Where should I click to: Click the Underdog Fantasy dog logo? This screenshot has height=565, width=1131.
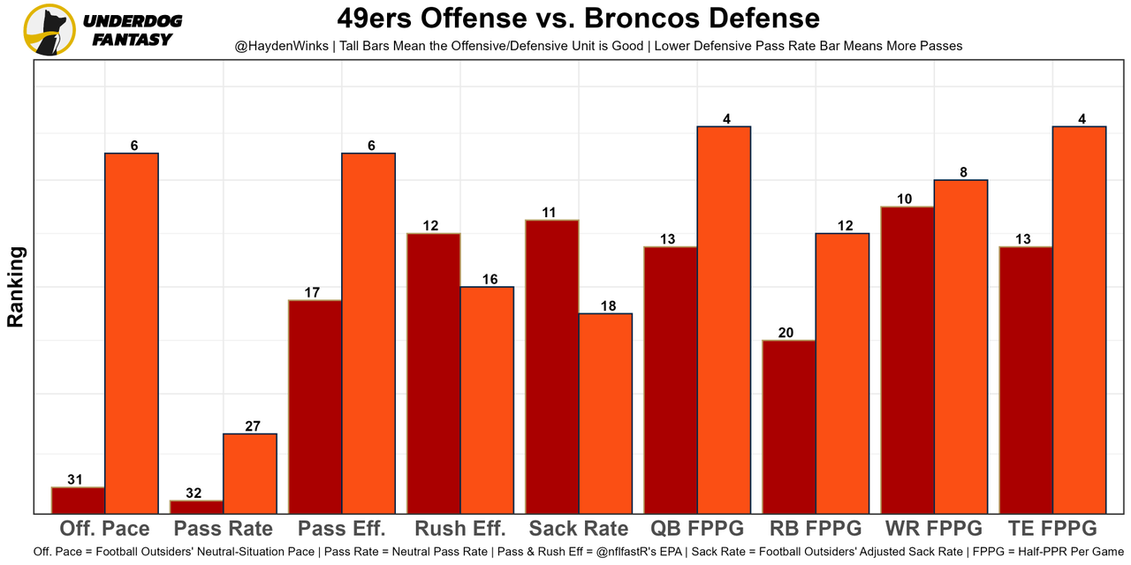click(49, 30)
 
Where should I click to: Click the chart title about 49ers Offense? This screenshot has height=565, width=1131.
click(578, 18)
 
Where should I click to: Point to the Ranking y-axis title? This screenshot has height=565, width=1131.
click(15, 287)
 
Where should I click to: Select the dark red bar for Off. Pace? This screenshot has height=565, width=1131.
click(78, 501)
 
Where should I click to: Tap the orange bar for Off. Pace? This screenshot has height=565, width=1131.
click(132, 333)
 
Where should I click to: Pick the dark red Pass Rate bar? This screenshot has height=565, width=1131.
click(196, 507)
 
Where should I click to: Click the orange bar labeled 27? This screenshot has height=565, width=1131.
click(250, 473)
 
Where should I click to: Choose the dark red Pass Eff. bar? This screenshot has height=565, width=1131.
click(315, 406)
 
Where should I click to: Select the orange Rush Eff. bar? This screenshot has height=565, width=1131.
click(487, 399)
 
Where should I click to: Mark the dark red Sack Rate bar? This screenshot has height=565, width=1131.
click(552, 366)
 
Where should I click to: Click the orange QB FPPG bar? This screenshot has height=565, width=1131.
click(724, 320)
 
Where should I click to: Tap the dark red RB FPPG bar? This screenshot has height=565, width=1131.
click(789, 426)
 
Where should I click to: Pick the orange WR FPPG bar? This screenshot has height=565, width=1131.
click(960, 346)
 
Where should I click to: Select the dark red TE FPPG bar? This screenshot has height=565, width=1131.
click(1026, 380)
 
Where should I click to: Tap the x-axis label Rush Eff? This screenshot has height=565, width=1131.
click(459, 529)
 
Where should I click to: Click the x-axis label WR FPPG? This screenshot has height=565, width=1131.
click(933, 529)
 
